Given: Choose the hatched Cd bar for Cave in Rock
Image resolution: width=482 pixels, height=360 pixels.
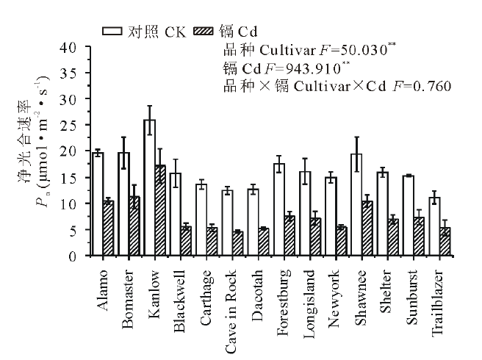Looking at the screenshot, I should click(x=238, y=244).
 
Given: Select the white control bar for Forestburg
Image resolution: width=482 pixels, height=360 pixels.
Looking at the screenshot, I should click(x=278, y=210).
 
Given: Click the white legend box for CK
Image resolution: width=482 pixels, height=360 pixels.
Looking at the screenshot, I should click(x=112, y=31).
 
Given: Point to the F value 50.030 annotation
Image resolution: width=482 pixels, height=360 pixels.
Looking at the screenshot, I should click(x=364, y=51).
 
